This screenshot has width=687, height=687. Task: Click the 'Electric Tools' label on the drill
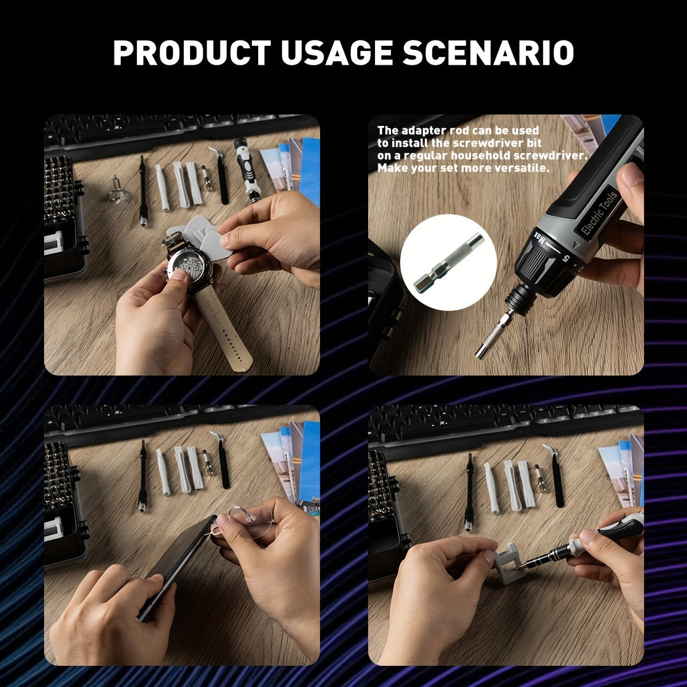click(599, 211)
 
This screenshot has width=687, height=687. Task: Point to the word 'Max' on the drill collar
click(539, 235)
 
